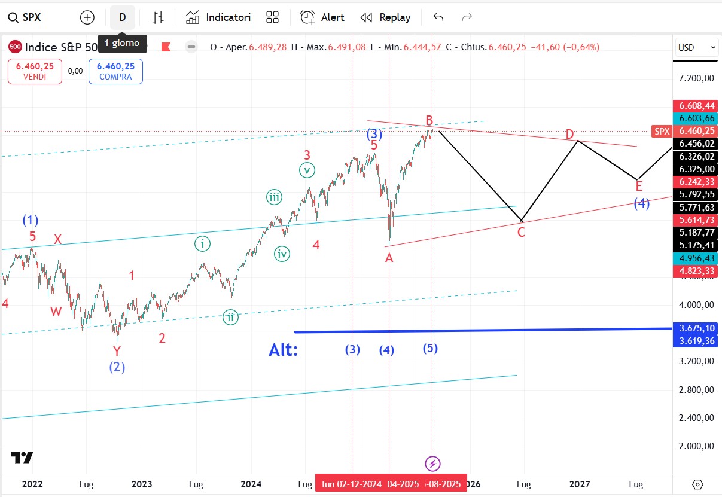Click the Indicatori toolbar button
click(218, 17)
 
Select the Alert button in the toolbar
click(322, 17)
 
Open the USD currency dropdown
click(697, 47)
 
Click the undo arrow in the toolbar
click(438, 17)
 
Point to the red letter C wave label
click(521, 233)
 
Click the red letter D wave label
click(570, 133)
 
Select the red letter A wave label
click(389, 257)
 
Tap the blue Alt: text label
click(284, 350)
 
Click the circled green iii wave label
click(275, 197)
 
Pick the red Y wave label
click(117, 352)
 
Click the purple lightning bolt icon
click(432, 464)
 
